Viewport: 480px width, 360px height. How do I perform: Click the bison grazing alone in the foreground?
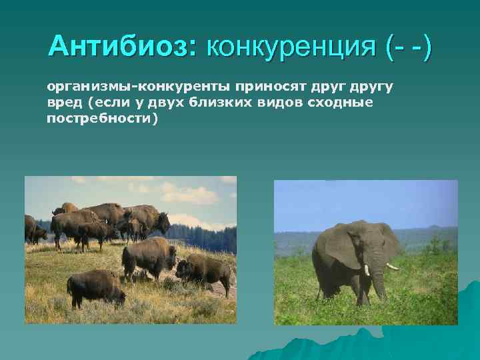tap(95, 287)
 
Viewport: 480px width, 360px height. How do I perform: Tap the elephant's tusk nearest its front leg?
tap(367, 270)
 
